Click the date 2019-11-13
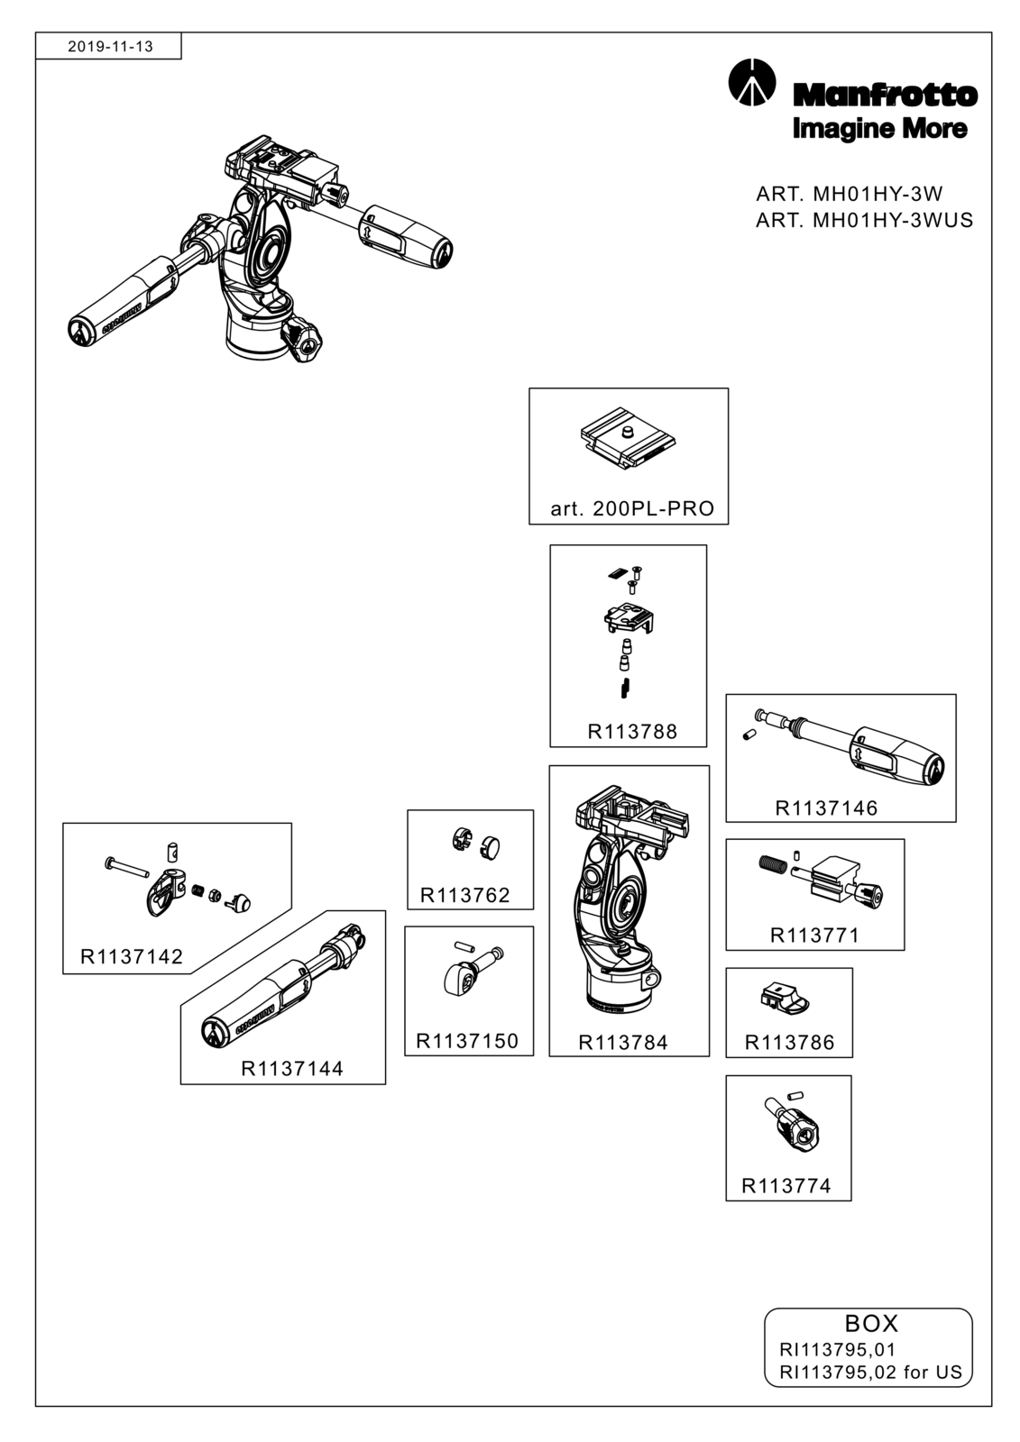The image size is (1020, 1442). (x=110, y=46)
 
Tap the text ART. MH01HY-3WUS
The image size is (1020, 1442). (x=864, y=220)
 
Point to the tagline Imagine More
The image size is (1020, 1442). (x=879, y=128)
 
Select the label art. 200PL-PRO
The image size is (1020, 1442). (x=632, y=508)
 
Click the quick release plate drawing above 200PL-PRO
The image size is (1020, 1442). (x=628, y=438)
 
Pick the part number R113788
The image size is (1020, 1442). (x=632, y=731)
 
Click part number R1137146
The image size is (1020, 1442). (x=826, y=808)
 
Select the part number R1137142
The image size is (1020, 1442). (x=132, y=956)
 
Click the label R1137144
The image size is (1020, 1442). (x=292, y=1069)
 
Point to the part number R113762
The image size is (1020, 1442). (x=464, y=895)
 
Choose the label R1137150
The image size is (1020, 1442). (x=467, y=1041)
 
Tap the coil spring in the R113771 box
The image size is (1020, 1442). (x=772, y=865)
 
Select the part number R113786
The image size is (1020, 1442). (x=789, y=1042)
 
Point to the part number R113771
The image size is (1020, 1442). (x=814, y=935)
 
